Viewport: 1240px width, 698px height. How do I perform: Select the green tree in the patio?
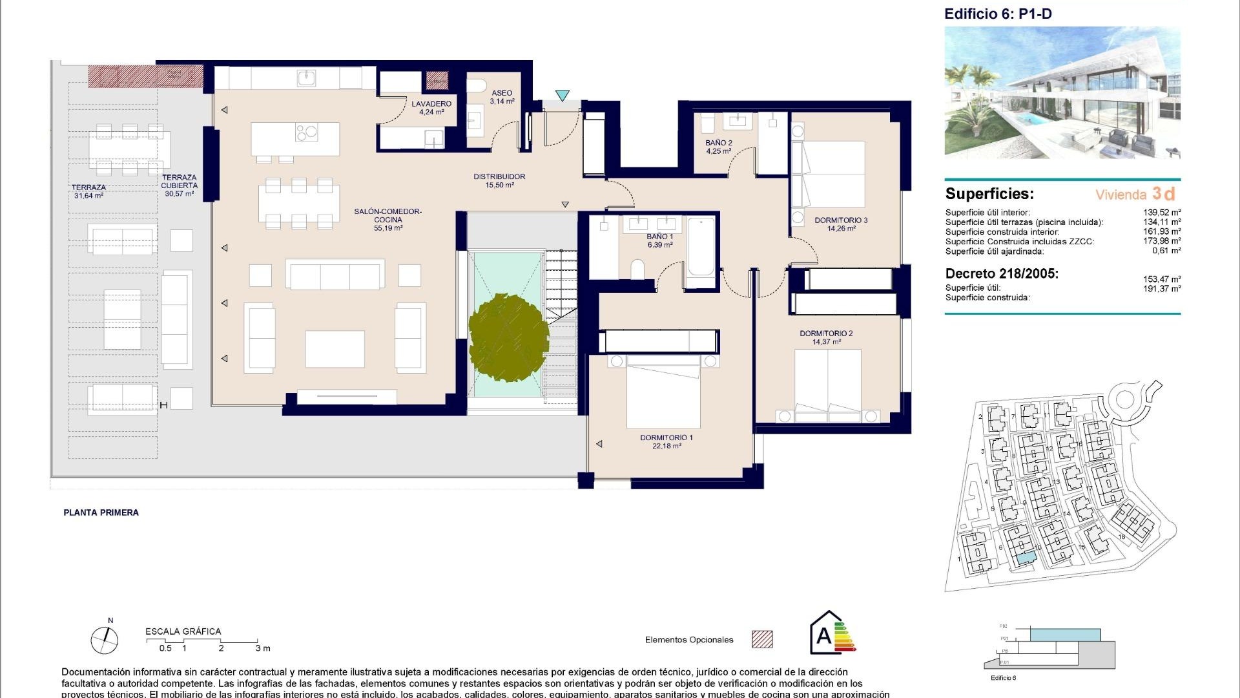pos(508,340)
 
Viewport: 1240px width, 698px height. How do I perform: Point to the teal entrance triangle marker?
pos(562,96)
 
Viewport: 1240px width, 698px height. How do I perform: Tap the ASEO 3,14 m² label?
pos(501,97)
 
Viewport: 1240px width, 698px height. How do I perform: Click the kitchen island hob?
pos(307,132)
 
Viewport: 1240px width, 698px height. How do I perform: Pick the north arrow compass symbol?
pos(105,640)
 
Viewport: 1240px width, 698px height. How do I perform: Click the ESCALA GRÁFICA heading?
pos(183,631)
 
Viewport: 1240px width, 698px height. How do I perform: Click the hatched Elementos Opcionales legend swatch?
pos(762,639)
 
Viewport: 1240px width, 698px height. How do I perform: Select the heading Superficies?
pos(989,194)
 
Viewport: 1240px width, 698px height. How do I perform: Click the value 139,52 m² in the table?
pos(1161,212)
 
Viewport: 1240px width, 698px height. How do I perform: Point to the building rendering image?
pos(1062,92)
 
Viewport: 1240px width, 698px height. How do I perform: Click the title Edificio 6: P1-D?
pos(997,14)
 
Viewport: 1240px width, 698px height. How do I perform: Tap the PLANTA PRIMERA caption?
pos(101,513)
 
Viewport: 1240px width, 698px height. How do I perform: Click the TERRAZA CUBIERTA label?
pos(179,185)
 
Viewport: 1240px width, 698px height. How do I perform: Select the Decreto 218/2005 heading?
pos(1002,273)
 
